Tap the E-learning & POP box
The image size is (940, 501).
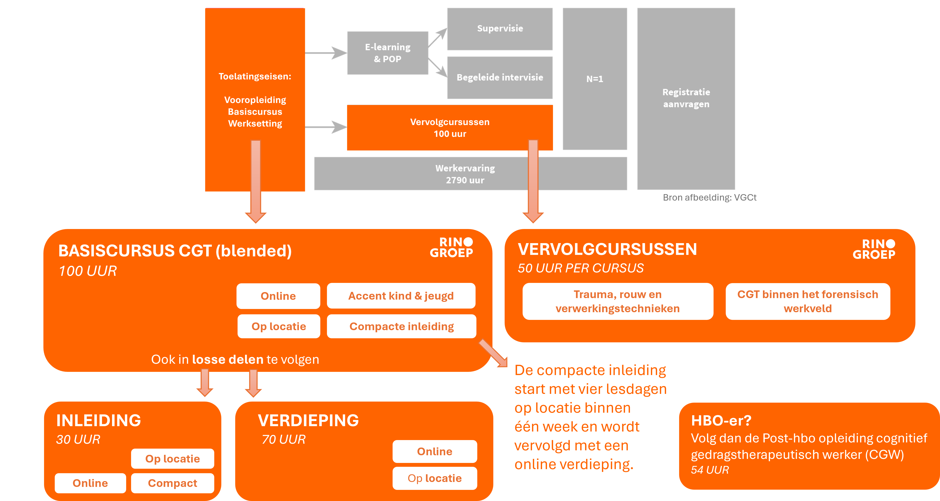coord(387,53)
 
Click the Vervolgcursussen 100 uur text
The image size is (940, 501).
coord(449,128)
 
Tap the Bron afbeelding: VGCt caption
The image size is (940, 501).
coord(709,197)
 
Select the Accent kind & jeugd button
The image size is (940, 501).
coord(401,296)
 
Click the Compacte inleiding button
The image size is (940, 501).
coord(401,326)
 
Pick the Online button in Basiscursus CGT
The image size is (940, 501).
coord(278,296)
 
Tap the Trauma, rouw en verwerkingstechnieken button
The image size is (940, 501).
coord(617,301)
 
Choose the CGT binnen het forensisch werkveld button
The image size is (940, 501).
coord(808,301)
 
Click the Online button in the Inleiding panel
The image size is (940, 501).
coord(90,483)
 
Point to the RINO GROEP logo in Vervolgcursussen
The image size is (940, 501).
coord(874,249)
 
